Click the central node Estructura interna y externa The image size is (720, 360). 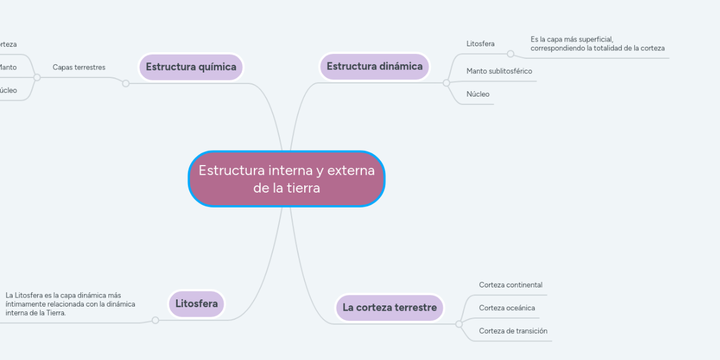pos(287,179)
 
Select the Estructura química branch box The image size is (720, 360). pos(191,67)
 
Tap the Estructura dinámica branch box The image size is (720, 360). pos(374,66)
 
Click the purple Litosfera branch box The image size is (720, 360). pos(196,304)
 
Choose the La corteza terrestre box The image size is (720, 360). pos(389,307)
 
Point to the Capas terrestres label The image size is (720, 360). pos(79,67)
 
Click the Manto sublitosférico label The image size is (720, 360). pos(499,71)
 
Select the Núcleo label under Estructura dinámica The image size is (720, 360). pos(478,94)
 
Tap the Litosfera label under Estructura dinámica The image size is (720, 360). pos(480,44)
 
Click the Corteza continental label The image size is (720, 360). pos(511,284)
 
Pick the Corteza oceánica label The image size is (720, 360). pos(507,308)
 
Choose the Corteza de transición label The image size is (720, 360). pos(513,331)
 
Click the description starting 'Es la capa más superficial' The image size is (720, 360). pos(597,43)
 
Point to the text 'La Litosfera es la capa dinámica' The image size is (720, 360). pos(70,304)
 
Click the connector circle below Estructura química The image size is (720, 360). pos(125,83)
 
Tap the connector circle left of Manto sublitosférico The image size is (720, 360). pos(446,83)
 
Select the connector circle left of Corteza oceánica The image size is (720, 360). pos(459,324)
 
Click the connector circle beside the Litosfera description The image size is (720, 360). pos(155,320)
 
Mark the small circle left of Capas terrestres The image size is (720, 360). pos(37,77)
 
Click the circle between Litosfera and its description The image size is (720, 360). pos(511,54)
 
